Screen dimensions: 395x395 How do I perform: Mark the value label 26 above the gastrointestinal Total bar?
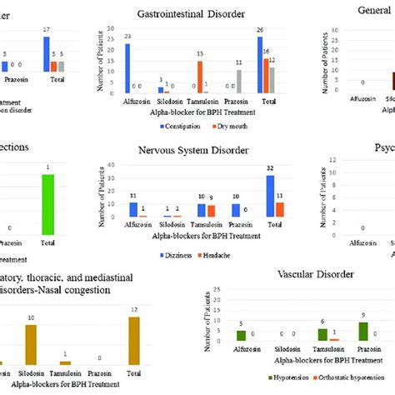[x=261, y=32]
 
